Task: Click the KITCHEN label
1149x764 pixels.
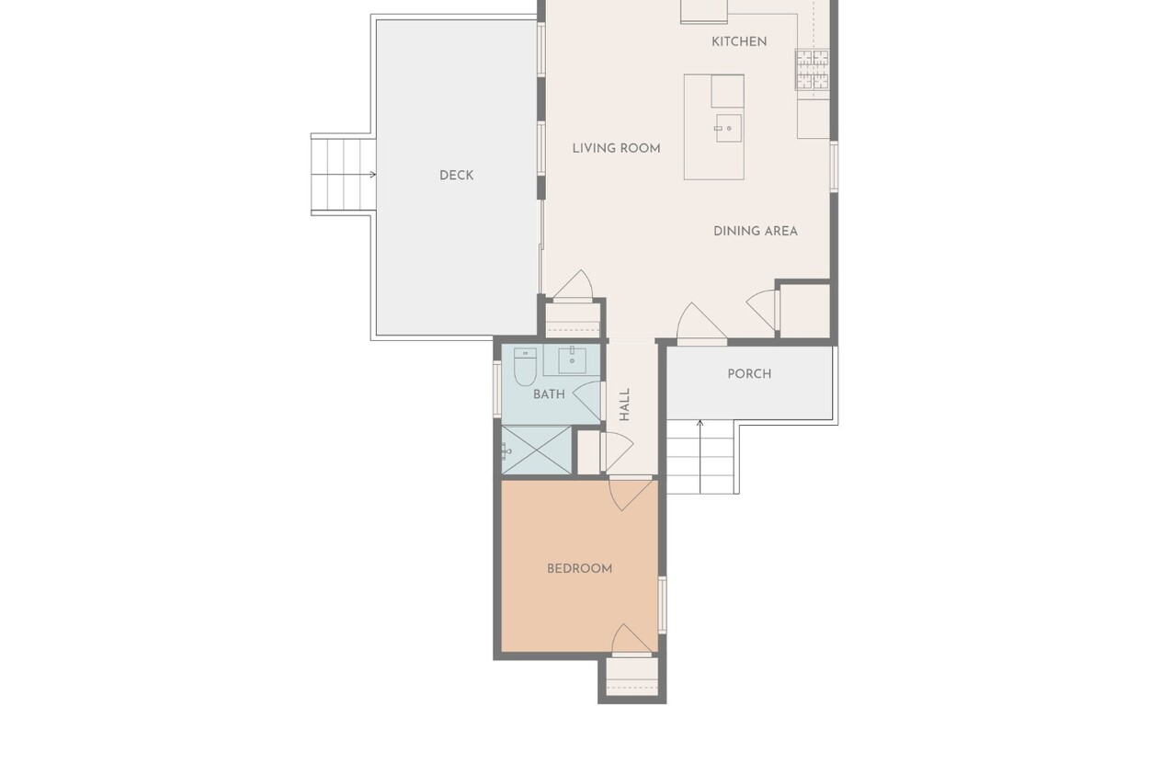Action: (739, 41)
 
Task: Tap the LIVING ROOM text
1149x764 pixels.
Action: (616, 148)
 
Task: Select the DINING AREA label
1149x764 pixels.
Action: (756, 232)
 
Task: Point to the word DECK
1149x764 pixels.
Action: (456, 176)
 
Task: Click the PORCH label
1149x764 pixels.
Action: (749, 373)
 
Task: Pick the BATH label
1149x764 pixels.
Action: (549, 394)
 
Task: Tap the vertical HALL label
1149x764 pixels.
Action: (624, 405)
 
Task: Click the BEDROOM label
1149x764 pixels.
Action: (580, 568)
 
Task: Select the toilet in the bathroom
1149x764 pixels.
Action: (525, 366)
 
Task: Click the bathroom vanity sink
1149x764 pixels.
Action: (572, 359)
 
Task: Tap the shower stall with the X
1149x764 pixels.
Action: (536, 450)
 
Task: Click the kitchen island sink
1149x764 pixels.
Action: (728, 129)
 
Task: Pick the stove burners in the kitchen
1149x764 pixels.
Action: (813, 70)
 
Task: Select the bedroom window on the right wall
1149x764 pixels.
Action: (662, 605)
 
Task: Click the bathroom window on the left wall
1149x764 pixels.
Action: (497, 388)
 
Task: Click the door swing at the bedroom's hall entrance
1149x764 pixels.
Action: (631, 493)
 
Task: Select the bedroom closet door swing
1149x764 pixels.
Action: (632, 640)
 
